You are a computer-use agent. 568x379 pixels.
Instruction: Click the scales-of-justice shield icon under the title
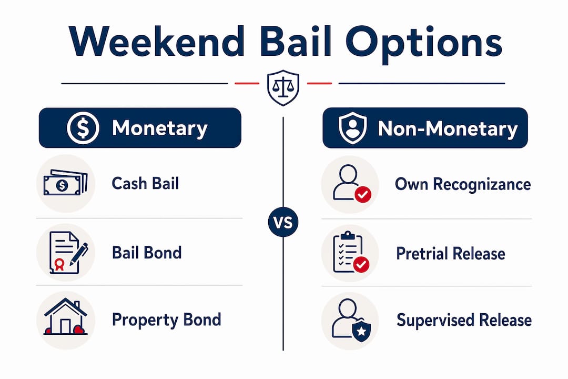(x=283, y=88)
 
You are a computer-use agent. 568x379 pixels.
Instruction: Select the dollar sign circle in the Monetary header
(x=83, y=128)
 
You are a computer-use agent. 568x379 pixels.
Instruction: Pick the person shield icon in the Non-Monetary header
(x=352, y=128)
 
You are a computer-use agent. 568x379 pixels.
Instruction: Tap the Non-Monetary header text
(x=448, y=129)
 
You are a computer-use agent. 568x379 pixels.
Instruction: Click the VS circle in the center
(x=283, y=222)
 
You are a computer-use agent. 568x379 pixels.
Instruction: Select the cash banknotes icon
(x=66, y=183)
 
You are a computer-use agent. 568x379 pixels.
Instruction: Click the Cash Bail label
(x=145, y=183)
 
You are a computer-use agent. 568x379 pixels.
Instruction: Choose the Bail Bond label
(x=147, y=253)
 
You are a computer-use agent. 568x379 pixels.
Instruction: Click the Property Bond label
(x=166, y=320)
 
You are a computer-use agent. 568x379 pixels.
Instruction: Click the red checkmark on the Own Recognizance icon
(x=362, y=194)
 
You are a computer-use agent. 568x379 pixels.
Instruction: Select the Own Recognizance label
(x=463, y=184)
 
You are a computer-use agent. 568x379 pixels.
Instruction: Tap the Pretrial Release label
(x=451, y=254)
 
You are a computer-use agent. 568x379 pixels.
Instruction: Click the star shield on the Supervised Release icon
(x=361, y=330)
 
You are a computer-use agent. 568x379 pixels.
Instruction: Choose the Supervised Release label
(x=464, y=320)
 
